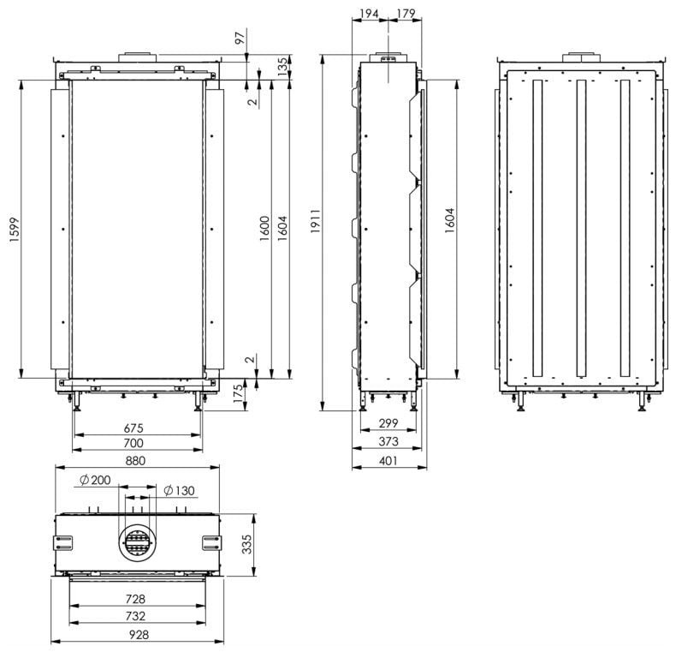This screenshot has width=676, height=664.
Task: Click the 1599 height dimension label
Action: pyautogui.click(x=15, y=230)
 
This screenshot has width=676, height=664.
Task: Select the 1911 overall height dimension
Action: pyautogui.click(x=316, y=222)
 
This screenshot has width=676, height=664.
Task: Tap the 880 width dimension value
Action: pyautogui.click(x=135, y=461)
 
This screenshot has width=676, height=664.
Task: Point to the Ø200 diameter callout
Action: pyautogui.click(x=95, y=480)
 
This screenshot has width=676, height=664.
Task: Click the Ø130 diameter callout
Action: pyautogui.click(x=180, y=490)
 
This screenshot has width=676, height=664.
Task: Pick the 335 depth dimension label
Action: pyautogui.click(x=246, y=544)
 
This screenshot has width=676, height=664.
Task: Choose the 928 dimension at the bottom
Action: pyautogui.click(x=139, y=635)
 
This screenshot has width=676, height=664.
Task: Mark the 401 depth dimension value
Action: pyautogui.click(x=388, y=461)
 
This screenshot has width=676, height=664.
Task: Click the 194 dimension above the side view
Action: pyautogui.click(x=369, y=14)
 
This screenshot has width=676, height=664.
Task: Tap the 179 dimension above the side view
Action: pyautogui.click(x=406, y=14)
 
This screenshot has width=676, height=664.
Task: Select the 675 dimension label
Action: pyautogui.click(x=133, y=428)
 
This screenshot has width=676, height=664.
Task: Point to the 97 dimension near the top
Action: pyautogui.click(x=240, y=37)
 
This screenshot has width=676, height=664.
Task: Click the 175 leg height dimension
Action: pyautogui.click(x=238, y=394)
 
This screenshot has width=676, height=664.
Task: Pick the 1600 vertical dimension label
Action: pyautogui.click(x=264, y=229)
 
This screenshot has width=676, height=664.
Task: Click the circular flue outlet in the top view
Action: pyautogui.click(x=138, y=542)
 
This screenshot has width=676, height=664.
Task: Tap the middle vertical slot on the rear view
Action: pyautogui.click(x=581, y=228)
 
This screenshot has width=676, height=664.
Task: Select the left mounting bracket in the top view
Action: pyautogui.click(x=63, y=542)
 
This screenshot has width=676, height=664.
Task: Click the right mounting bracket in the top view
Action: pyautogui.click(x=211, y=542)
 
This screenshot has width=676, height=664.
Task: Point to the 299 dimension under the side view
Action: pyautogui.click(x=388, y=423)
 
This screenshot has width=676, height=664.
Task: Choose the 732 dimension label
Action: pyautogui.click(x=135, y=616)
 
